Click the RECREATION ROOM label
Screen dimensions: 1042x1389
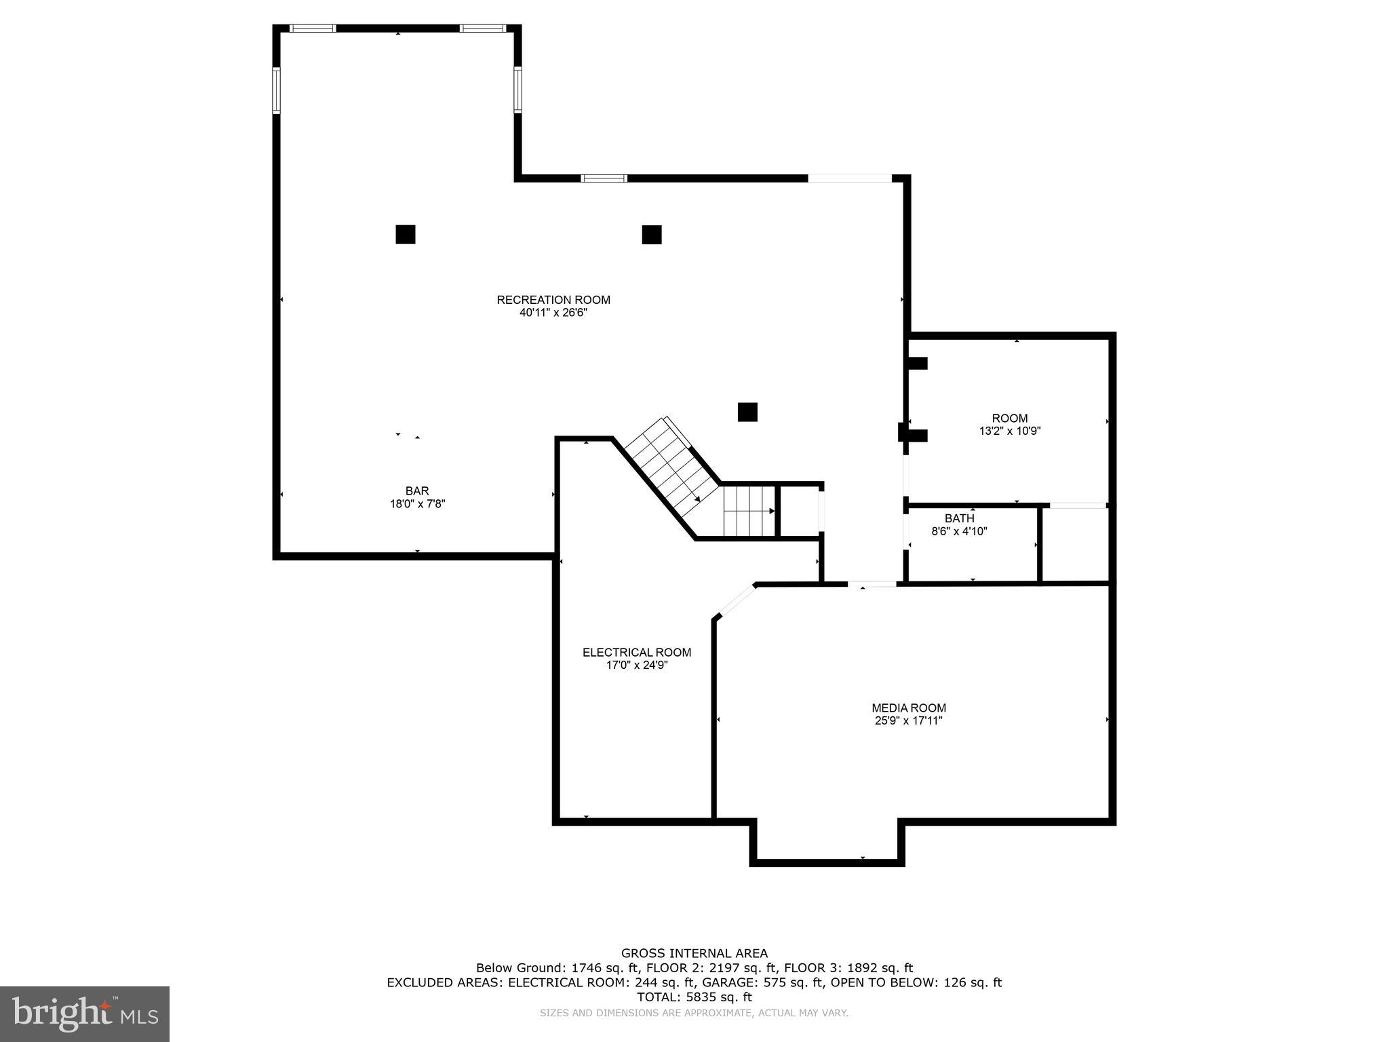pyautogui.click(x=553, y=300)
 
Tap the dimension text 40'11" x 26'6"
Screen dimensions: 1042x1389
pyautogui.click(x=553, y=313)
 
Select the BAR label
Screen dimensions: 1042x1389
pyautogui.click(x=417, y=490)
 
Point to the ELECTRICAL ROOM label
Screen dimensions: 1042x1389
pyautogui.click(x=637, y=653)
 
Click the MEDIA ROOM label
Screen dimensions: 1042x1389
pyautogui.click(x=909, y=708)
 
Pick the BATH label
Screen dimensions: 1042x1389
pyautogui.click(x=959, y=518)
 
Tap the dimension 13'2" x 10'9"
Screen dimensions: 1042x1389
pyautogui.click(x=1009, y=431)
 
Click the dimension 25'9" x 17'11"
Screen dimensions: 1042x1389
pyautogui.click(x=909, y=721)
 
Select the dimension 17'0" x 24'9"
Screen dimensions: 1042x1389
pyautogui.click(x=637, y=665)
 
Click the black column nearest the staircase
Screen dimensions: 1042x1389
pyautogui.click(x=747, y=412)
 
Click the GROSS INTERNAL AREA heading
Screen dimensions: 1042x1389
pyautogui.click(x=694, y=953)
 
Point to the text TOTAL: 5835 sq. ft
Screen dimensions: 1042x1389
pyautogui.click(x=694, y=997)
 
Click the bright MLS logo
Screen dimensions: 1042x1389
pyautogui.click(x=85, y=1014)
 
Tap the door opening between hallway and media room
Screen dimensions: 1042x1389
pyautogui.click(x=872, y=583)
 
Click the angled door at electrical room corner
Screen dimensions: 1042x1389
pyautogui.click(x=737, y=600)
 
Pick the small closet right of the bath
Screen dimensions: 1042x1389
pyautogui.click(x=1075, y=545)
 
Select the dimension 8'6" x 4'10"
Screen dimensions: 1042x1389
pyautogui.click(x=959, y=531)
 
